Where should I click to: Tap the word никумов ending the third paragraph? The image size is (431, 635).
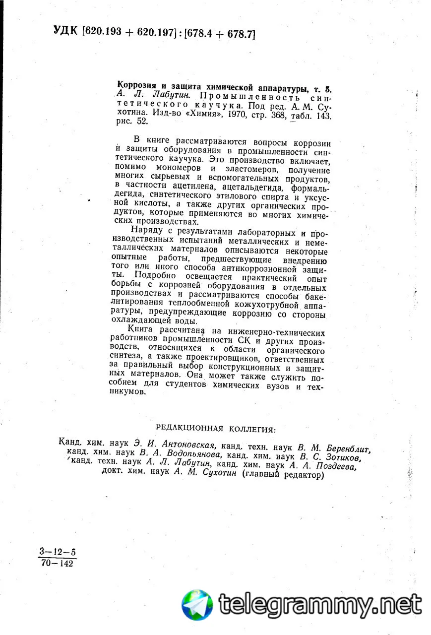pos(130,391)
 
